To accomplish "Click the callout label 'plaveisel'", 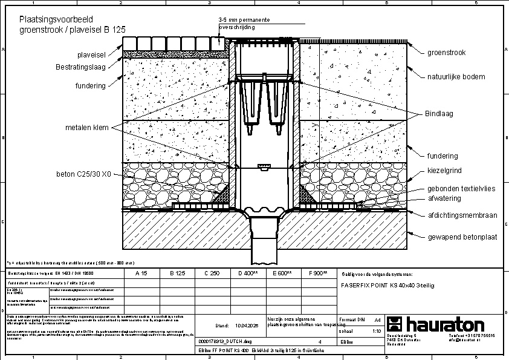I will point(89,55).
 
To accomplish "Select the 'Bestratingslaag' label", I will point(81,67).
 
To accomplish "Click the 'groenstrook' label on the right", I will point(447,53).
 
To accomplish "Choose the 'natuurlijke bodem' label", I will point(456,77).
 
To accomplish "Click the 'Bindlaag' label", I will point(439,113).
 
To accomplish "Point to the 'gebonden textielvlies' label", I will point(461,189).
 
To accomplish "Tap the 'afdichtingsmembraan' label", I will point(462,215).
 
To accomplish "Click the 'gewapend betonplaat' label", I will point(462,237).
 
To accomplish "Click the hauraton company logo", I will point(436,323).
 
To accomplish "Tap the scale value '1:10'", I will point(377,332).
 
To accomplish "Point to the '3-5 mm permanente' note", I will point(244,20).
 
